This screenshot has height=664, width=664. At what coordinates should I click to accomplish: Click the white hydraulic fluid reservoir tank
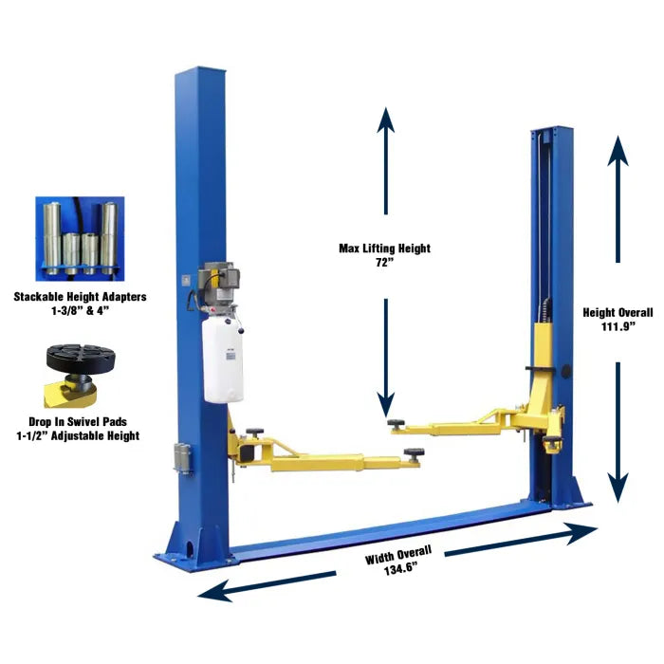pos(224,360)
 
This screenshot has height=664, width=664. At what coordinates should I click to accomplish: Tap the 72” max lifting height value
pos(384,263)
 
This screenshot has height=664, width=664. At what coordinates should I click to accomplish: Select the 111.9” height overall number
pos(618,327)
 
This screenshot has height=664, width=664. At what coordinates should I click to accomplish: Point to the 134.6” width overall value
pos(400,569)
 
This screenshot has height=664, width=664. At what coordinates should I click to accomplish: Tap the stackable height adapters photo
pos(80,238)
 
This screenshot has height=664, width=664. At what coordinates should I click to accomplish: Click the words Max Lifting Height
pos(384,249)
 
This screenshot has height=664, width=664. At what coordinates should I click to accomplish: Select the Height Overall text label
pos(618,312)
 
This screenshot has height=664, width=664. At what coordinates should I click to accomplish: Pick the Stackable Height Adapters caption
pos(80,296)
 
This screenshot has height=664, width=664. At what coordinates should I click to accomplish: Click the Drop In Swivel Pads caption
pos(78,422)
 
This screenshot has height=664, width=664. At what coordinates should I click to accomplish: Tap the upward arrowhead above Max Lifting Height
pos(385,120)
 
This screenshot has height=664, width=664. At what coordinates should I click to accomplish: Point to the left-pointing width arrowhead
pos(214,593)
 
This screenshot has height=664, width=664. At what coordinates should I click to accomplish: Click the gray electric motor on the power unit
pos(219,282)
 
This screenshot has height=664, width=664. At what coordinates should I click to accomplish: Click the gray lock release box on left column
pos(182,458)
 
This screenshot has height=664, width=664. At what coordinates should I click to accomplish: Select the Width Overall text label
pos(398,554)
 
